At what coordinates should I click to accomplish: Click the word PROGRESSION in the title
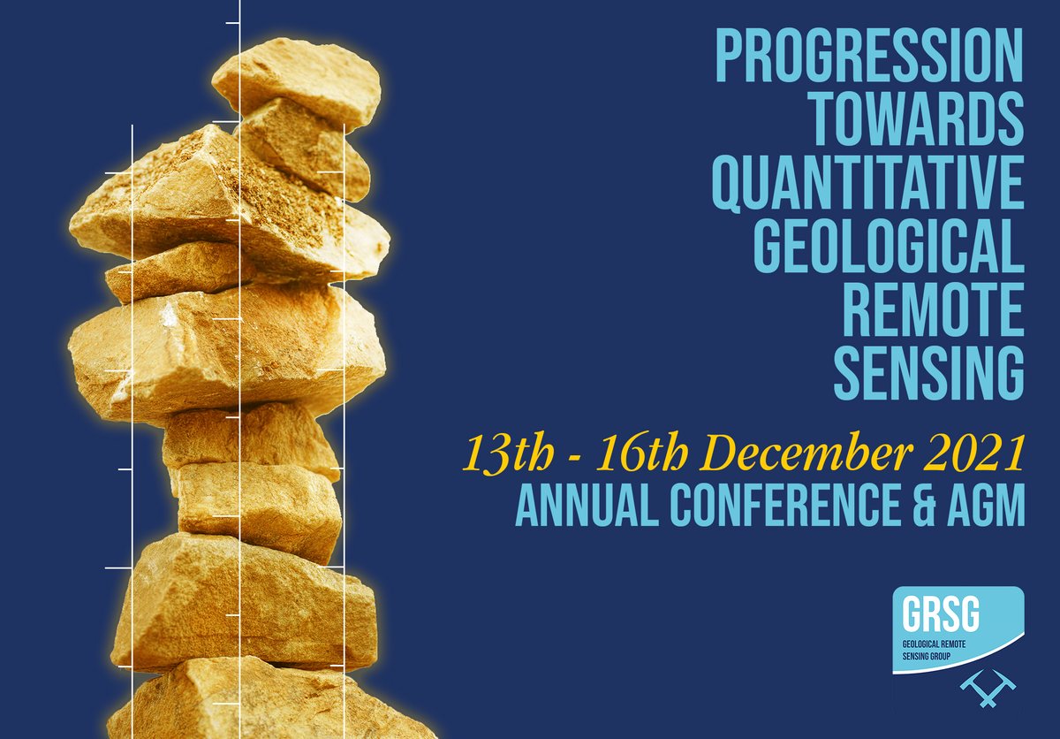pos(868,55)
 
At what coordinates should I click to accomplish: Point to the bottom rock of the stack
pos(265,703)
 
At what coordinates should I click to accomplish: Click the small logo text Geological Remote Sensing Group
pos(935,651)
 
